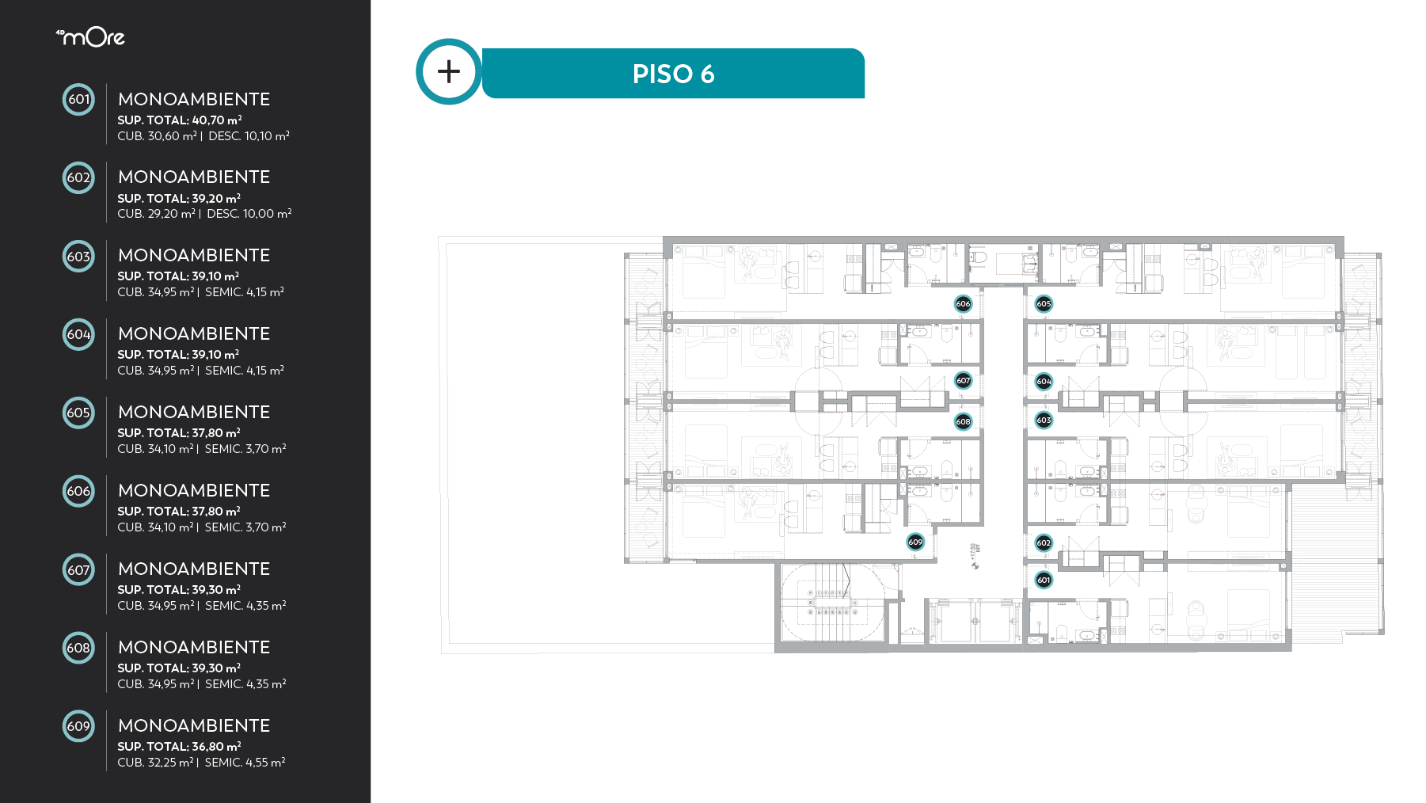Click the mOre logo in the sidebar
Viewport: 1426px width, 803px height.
(90, 36)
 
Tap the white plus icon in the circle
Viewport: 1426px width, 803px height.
(449, 71)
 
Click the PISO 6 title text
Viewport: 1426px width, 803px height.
(673, 74)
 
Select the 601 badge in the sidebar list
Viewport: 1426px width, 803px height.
(78, 99)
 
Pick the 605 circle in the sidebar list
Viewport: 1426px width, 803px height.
(78, 413)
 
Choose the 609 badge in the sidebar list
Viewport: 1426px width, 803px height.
(78, 726)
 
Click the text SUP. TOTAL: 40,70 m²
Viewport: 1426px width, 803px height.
(180, 120)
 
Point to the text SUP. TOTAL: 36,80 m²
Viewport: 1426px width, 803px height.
(179, 746)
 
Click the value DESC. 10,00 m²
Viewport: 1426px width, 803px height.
(249, 213)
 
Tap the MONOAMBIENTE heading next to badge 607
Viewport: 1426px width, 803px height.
(194, 569)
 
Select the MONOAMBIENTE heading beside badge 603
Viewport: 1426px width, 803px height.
(194, 255)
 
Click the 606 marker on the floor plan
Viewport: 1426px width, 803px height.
(963, 303)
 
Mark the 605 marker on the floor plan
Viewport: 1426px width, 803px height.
(1044, 303)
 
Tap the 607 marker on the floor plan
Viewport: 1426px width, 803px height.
(963, 380)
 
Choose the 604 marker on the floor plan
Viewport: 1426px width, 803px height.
(1044, 381)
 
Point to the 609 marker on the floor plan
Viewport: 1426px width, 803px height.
(915, 542)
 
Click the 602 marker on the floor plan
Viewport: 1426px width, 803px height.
(1044, 542)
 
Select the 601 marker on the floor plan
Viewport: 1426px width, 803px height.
(1044, 580)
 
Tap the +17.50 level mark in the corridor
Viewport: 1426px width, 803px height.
(975, 555)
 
